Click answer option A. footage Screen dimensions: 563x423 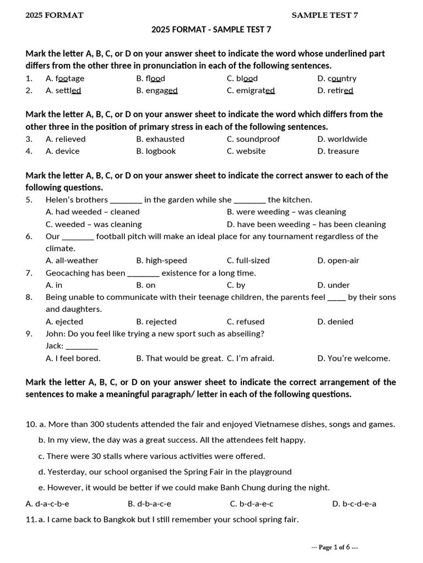click(65, 78)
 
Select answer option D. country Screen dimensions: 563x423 click(337, 78)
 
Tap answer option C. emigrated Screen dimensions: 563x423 click(251, 90)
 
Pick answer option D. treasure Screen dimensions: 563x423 click(338, 151)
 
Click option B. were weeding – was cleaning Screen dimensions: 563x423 click(286, 212)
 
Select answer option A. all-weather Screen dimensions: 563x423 click(72, 261)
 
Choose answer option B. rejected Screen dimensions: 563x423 click(156, 322)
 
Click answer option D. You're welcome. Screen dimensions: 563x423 click(354, 358)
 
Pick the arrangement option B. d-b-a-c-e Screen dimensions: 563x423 click(149, 504)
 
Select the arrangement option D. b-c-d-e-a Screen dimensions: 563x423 click(354, 504)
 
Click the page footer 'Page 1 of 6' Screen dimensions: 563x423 click(335, 547)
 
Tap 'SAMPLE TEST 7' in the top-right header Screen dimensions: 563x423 click(324, 15)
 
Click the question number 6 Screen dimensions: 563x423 click(29, 236)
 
